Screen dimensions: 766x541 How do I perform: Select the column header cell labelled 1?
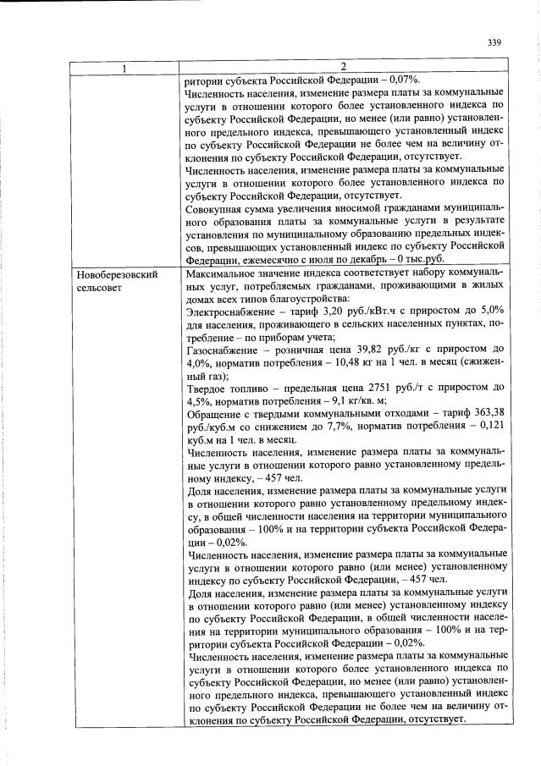125,68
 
